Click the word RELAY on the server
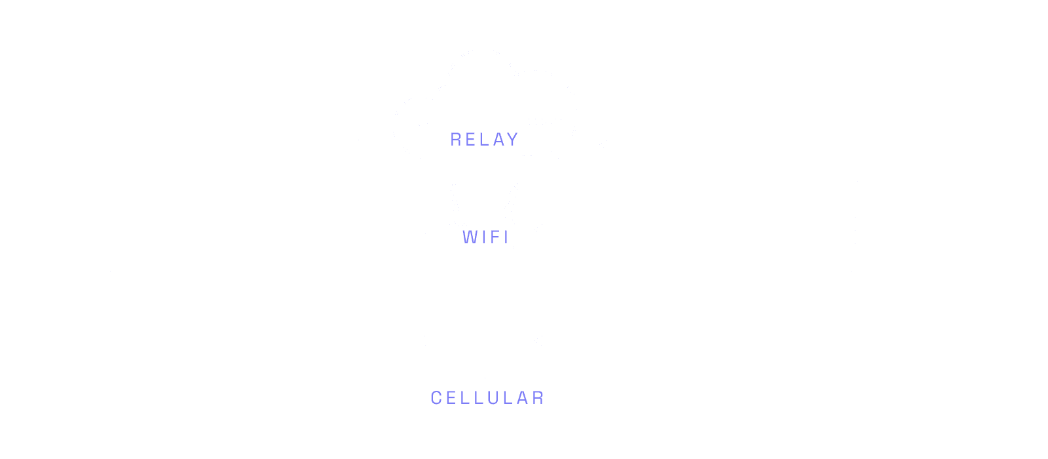(x=484, y=139)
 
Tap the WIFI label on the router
(x=485, y=237)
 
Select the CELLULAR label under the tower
(x=487, y=398)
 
